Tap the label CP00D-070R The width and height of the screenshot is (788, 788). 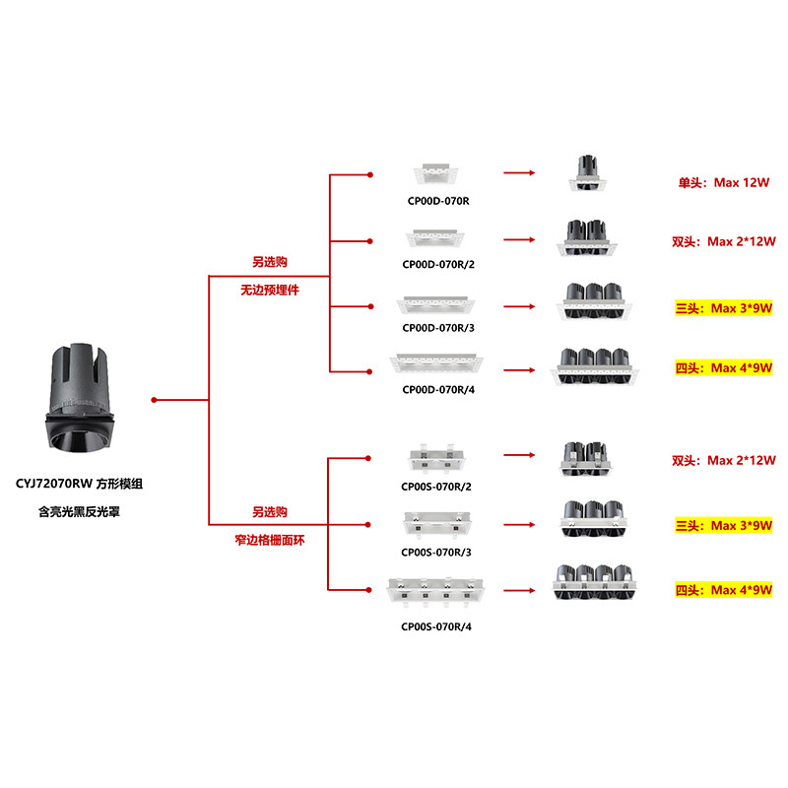[x=438, y=202]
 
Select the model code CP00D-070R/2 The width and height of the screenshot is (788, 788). [x=438, y=264]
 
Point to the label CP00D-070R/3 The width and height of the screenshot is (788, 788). [x=438, y=327]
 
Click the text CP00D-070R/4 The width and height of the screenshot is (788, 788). [x=438, y=390]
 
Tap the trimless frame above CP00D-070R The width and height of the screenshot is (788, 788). [x=437, y=173]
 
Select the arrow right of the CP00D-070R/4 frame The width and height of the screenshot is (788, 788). [x=518, y=369]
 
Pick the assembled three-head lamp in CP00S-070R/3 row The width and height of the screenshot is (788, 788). [x=594, y=519]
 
